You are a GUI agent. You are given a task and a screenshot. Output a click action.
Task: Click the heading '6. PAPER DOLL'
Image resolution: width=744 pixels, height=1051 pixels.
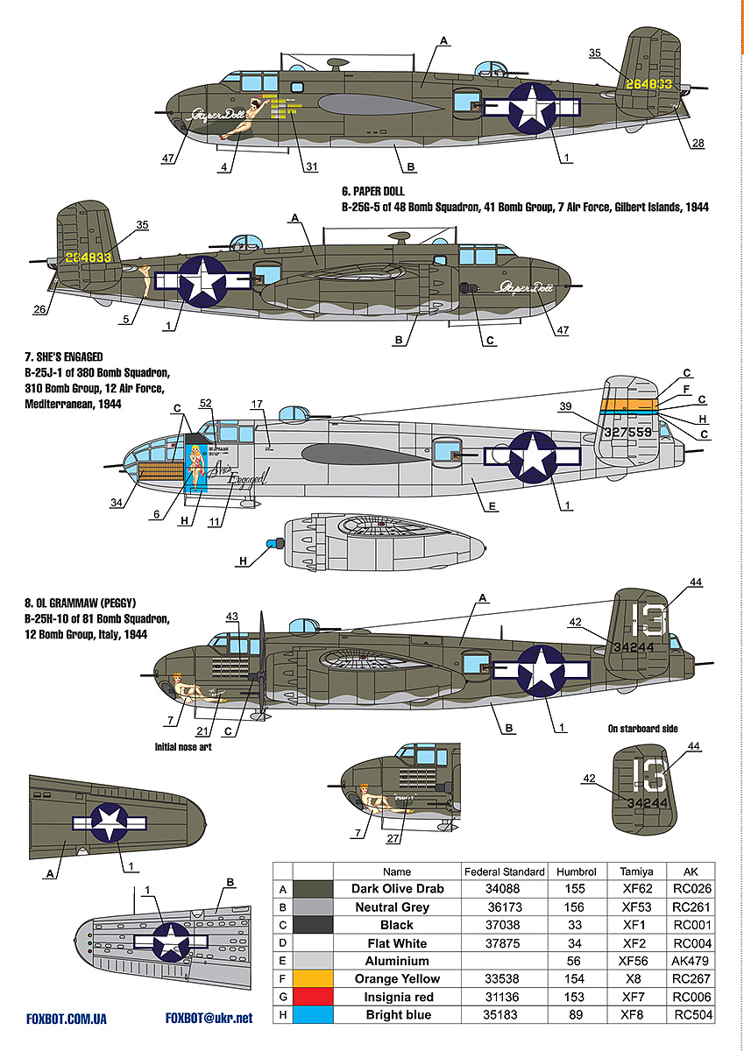click(373, 190)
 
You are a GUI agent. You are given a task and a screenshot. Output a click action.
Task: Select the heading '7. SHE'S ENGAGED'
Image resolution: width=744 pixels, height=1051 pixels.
click(65, 357)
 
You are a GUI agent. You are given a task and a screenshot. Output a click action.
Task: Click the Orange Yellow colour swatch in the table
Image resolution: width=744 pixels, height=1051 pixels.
click(312, 978)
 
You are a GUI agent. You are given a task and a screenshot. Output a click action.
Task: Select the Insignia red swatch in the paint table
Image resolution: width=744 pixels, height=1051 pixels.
click(312, 997)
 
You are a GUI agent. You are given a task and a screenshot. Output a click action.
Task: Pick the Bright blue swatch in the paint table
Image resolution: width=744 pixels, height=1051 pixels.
click(312, 1015)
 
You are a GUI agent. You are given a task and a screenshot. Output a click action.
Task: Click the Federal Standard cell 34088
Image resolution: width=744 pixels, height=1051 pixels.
click(504, 889)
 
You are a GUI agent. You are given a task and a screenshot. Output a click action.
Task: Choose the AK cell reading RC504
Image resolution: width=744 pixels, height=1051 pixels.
click(692, 1015)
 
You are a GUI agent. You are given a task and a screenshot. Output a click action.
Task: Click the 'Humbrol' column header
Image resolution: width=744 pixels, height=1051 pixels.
click(576, 871)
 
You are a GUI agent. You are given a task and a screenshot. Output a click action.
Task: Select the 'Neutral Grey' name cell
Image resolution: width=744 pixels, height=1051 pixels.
click(397, 907)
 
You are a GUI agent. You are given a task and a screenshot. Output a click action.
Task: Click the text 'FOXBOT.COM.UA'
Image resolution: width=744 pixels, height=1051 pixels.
click(67, 1019)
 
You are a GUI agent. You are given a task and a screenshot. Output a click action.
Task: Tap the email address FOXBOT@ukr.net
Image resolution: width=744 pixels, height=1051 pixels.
click(209, 1019)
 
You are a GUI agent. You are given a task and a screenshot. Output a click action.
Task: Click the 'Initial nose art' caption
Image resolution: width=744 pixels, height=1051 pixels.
click(182, 747)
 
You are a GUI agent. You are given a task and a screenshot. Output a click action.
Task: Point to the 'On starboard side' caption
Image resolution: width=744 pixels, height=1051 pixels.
click(642, 729)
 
